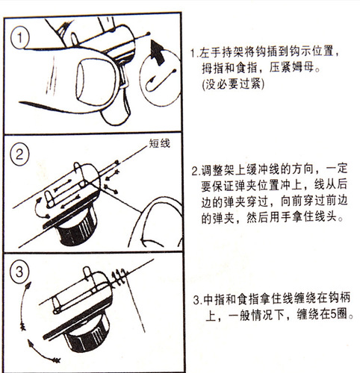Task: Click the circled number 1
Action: (x=20, y=38)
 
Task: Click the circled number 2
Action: (x=19, y=154)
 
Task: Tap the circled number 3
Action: (x=19, y=272)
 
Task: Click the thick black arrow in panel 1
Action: (x=157, y=53)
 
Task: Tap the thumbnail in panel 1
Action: (x=96, y=81)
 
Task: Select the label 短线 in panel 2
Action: (x=160, y=143)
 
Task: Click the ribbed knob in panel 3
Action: (x=87, y=333)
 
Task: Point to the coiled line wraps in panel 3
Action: (x=119, y=277)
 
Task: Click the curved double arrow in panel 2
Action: (x=40, y=207)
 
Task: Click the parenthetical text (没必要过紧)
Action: (x=233, y=84)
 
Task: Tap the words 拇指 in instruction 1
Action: (x=212, y=68)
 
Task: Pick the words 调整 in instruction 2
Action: (x=211, y=169)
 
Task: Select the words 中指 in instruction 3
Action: (x=214, y=299)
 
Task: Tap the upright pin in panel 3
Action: (x=87, y=274)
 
